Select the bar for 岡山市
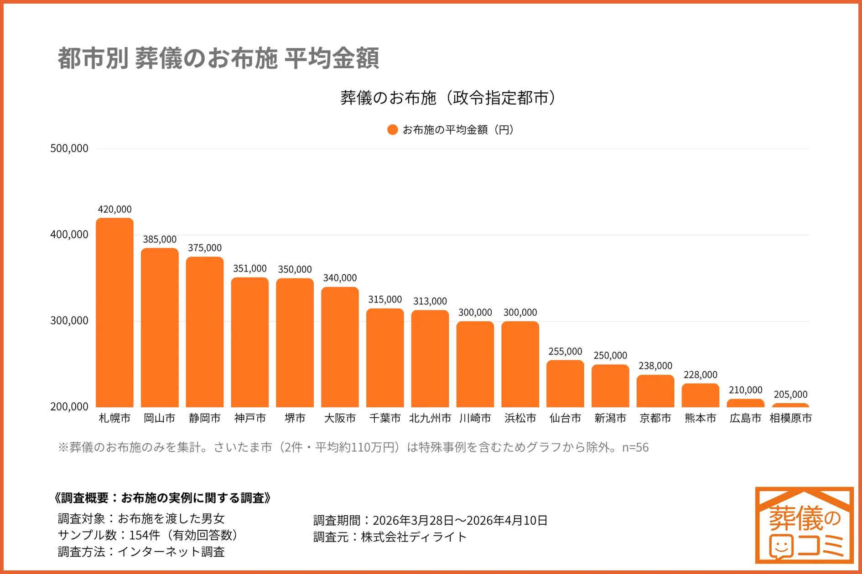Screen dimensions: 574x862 [160, 328]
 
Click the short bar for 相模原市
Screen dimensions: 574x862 [790, 405]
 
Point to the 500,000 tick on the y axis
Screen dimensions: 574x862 [69, 149]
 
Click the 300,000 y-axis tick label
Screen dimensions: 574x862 [69, 321]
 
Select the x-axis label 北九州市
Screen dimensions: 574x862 [430, 418]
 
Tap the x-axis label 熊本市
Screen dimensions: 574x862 [700, 418]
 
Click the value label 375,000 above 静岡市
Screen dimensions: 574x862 [205, 248]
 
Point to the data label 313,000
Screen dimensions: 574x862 [430, 301]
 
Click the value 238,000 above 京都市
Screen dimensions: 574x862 [655, 366]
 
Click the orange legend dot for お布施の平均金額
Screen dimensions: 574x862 [392, 130]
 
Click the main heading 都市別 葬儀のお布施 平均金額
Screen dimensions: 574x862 [218, 58]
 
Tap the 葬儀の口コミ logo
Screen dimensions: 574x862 [804, 525]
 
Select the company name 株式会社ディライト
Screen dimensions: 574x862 [414, 537]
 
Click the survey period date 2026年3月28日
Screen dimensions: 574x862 [413, 520]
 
